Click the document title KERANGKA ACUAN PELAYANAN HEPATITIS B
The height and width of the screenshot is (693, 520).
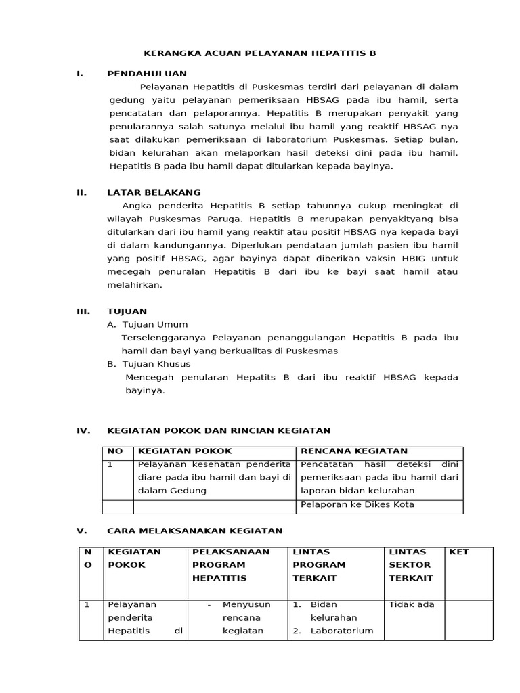260,52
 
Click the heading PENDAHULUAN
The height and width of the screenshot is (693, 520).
147,73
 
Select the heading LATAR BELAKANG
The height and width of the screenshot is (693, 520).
154,192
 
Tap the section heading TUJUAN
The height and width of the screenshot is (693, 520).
127,311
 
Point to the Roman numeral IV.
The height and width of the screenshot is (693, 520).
83,430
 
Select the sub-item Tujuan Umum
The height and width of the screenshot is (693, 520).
154,324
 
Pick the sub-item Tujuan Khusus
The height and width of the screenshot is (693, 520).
156,364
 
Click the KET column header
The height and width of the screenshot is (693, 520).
459,552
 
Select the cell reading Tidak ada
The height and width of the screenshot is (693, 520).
412,604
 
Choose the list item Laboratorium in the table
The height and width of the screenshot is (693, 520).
341,631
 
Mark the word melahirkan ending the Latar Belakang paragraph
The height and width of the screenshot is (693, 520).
135,285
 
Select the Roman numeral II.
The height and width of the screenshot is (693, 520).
82,192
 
